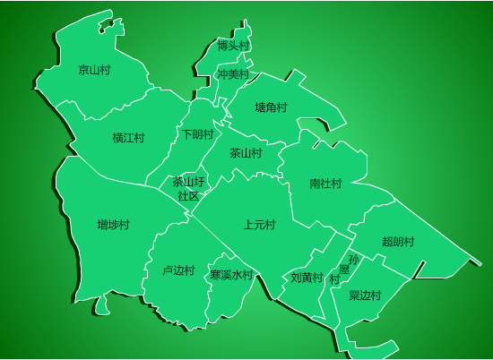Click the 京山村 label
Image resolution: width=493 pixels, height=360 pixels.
[x=94, y=69]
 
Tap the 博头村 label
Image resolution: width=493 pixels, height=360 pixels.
[x=234, y=45]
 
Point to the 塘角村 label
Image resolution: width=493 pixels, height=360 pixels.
[x=271, y=107]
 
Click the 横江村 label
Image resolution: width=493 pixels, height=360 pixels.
[x=128, y=138]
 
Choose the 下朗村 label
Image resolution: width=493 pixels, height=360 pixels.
[x=198, y=134]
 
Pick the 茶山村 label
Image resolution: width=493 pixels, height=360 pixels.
[x=246, y=153]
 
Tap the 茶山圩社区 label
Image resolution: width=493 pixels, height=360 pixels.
[x=188, y=188]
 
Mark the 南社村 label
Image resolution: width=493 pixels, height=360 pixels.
[x=325, y=184]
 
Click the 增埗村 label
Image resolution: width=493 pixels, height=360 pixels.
[x=114, y=224]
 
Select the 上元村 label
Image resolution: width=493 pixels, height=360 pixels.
[x=259, y=224]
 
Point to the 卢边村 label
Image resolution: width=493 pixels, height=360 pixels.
[x=178, y=270]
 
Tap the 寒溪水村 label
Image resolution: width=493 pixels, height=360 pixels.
[x=231, y=275]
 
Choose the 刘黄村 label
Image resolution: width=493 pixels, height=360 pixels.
[x=307, y=278]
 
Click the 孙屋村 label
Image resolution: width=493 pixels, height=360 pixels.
[x=344, y=269]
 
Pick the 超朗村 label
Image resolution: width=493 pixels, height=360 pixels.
[x=398, y=242]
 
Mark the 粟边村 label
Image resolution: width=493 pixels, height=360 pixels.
[x=365, y=296]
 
